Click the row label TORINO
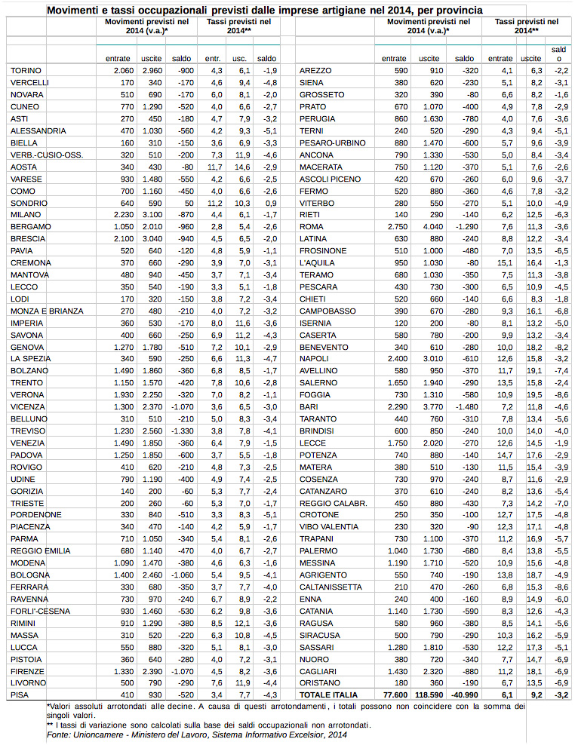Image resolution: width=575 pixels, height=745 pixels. point(27,70)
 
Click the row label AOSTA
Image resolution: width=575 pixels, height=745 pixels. point(24,166)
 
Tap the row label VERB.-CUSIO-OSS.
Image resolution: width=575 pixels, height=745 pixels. point(47,154)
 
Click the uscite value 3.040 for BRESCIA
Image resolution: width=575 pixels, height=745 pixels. point(152,238)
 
